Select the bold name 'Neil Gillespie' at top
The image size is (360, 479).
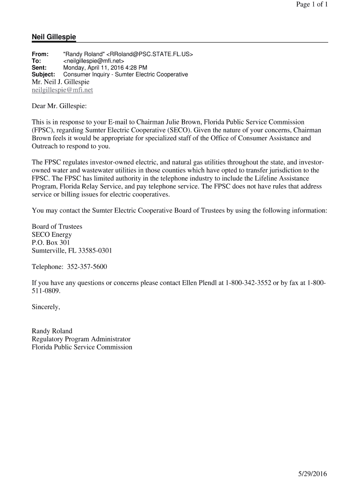pos(54,37)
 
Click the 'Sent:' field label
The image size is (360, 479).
pos(39,68)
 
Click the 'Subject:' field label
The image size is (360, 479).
pos(43,74)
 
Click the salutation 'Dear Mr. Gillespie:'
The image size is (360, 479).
pos(59,107)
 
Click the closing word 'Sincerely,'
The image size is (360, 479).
pos(46,307)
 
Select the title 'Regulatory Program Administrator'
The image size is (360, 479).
pos(81,339)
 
